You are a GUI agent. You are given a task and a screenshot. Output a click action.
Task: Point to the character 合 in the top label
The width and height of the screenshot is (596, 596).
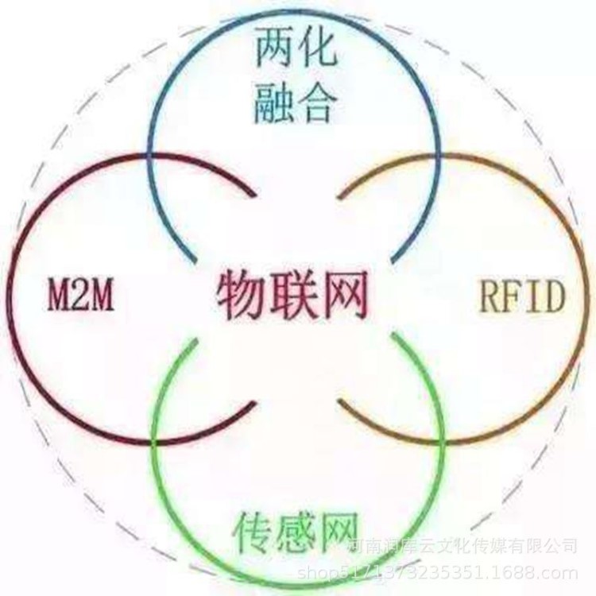(319, 103)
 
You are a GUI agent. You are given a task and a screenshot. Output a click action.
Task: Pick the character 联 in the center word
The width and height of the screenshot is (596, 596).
(293, 294)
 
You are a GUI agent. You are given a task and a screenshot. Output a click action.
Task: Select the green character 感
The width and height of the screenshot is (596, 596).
(298, 529)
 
